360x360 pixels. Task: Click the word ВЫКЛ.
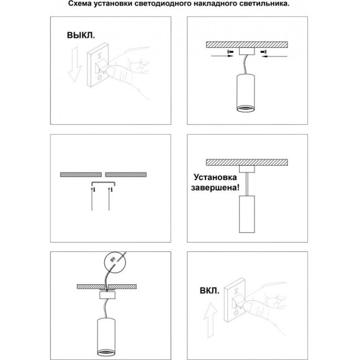[81, 36]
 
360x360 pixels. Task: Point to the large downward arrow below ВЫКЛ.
[73, 68]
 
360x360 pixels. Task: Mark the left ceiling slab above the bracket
[81, 174]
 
